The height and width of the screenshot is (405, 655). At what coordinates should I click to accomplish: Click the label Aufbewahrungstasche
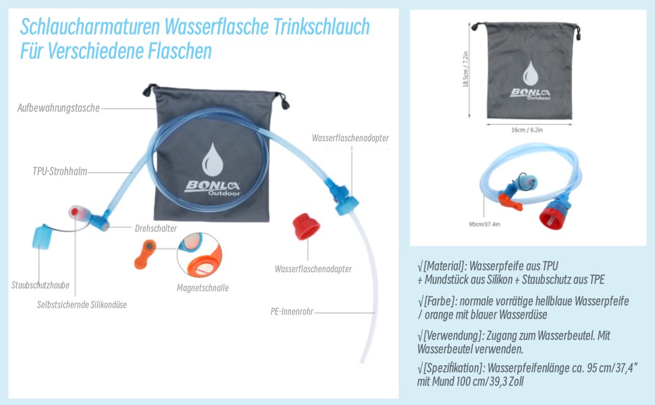click(x=59, y=108)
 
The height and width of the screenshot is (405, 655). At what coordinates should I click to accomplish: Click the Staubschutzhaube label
click(x=40, y=286)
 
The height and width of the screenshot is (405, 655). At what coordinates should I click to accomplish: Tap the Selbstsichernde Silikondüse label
click(x=82, y=304)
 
